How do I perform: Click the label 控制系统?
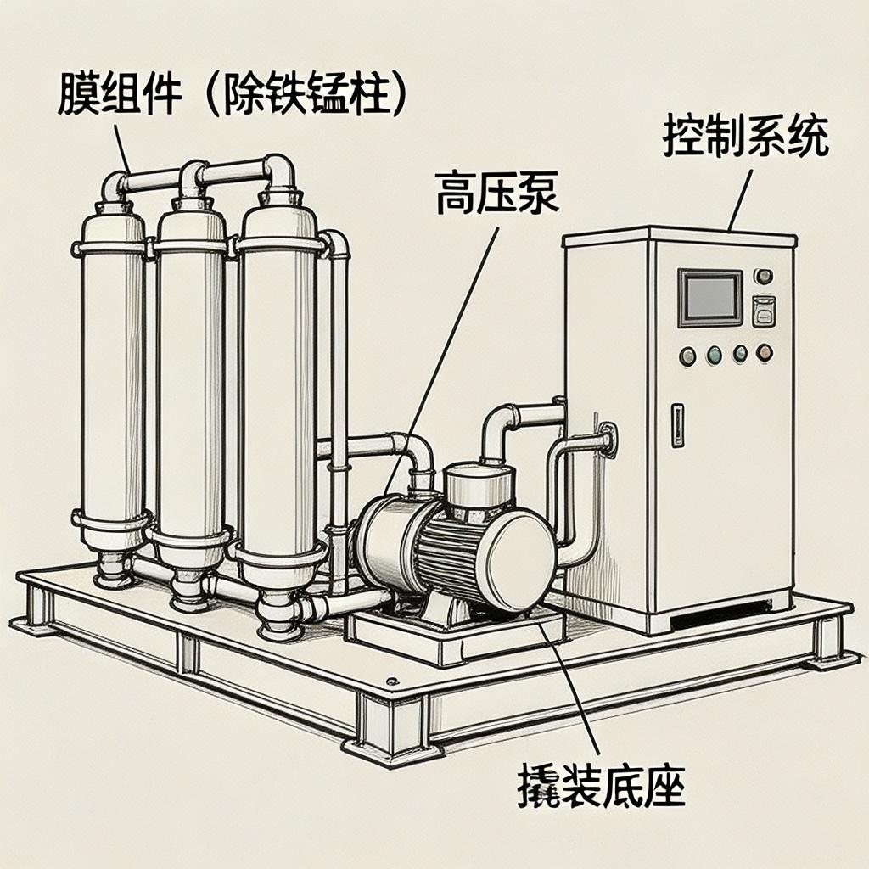[745, 138]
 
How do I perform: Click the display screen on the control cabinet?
[709, 297]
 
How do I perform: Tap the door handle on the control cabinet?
[676, 424]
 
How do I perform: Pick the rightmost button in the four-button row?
[764, 351]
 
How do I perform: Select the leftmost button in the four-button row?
[687, 356]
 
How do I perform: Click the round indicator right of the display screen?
[763, 276]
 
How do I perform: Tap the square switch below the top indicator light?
[764, 311]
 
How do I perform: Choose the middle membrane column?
[191, 382]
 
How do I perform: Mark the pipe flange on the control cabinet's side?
[608, 440]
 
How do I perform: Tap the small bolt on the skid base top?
[391, 681]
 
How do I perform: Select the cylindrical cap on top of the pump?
[480, 489]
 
